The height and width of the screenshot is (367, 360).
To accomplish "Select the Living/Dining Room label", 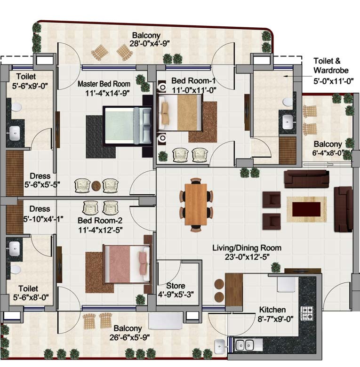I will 247,248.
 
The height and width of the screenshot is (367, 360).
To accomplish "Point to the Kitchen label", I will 272,310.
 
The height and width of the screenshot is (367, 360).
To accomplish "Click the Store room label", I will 176,286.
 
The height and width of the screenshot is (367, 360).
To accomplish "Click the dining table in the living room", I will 196,204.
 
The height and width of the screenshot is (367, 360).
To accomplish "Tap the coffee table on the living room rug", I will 306,209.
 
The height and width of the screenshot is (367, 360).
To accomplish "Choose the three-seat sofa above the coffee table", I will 306,179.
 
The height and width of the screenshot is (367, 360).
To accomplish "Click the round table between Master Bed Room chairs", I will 96,185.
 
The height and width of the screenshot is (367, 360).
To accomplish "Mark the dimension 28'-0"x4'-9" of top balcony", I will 146,43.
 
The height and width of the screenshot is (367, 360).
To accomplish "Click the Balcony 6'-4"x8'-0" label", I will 328,148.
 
